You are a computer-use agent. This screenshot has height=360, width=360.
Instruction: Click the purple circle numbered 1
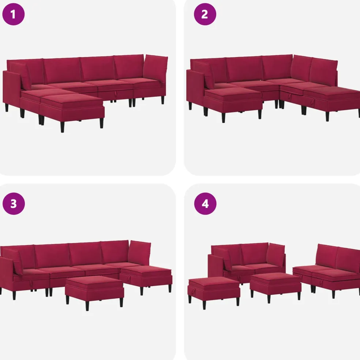coord(13,14)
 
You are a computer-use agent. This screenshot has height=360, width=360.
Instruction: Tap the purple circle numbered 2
coord(205,14)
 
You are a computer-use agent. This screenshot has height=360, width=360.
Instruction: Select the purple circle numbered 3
coord(14,204)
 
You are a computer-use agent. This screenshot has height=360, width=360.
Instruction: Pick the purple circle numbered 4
coord(205,204)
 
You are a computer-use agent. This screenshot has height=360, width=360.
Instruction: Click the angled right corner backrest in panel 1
coord(155,68)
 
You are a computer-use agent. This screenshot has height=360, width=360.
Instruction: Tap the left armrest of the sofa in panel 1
coord(11,87)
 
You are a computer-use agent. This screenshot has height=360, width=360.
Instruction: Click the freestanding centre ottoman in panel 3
coord(94,290)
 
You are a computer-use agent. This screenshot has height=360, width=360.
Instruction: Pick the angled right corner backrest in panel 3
coord(139,252)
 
